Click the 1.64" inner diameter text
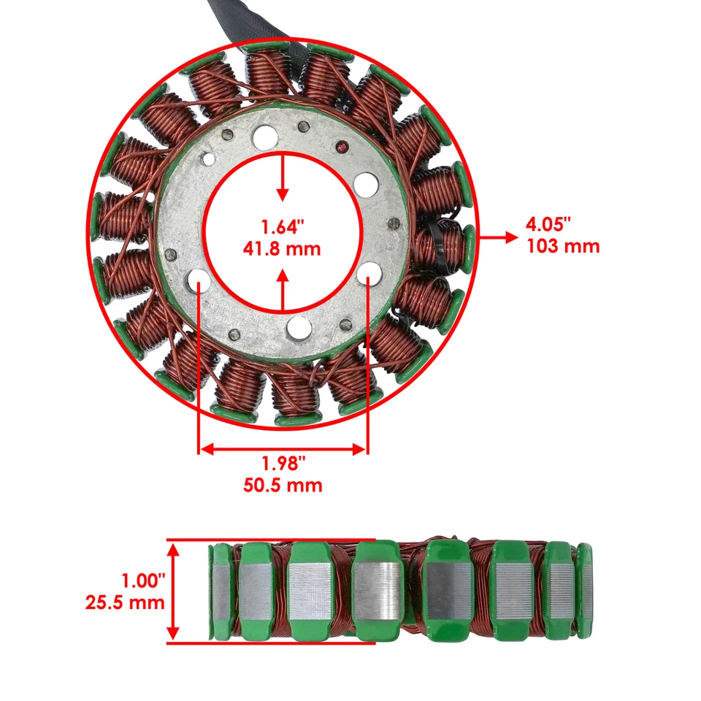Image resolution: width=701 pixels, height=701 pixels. click(x=282, y=226)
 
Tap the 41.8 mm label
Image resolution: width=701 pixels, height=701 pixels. click(x=282, y=248)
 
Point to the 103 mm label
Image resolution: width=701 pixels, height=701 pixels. click(x=562, y=246)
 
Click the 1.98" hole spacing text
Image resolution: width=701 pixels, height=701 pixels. click(x=283, y=463)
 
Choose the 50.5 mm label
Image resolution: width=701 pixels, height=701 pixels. click(x=283, y=485)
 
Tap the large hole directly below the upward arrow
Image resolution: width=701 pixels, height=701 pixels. click(x=299, y=328)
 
